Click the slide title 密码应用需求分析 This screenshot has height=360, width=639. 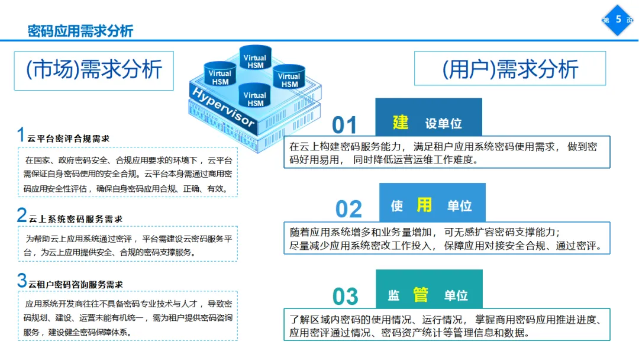coord(80,31)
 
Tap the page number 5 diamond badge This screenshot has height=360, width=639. coord(618,20)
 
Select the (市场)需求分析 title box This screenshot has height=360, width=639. coord(93,70)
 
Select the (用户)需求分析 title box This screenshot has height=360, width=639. coord(509,69)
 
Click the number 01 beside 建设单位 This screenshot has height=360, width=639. coord(344,125)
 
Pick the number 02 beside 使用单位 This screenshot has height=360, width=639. coord(348,209)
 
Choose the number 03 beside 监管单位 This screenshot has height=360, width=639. coord(345,295)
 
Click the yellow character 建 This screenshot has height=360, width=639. coord(401,122)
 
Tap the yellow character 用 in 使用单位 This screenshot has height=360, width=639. coord(424,205)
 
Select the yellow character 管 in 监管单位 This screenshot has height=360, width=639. coord(420,294)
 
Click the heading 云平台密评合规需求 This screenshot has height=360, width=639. coord(69,139)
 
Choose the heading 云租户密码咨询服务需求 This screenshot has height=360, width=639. coord(76,284)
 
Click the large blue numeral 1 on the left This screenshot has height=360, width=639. coord(21,134)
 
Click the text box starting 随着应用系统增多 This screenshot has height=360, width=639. coord(447,238)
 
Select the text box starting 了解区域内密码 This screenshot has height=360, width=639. coord(447,325)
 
